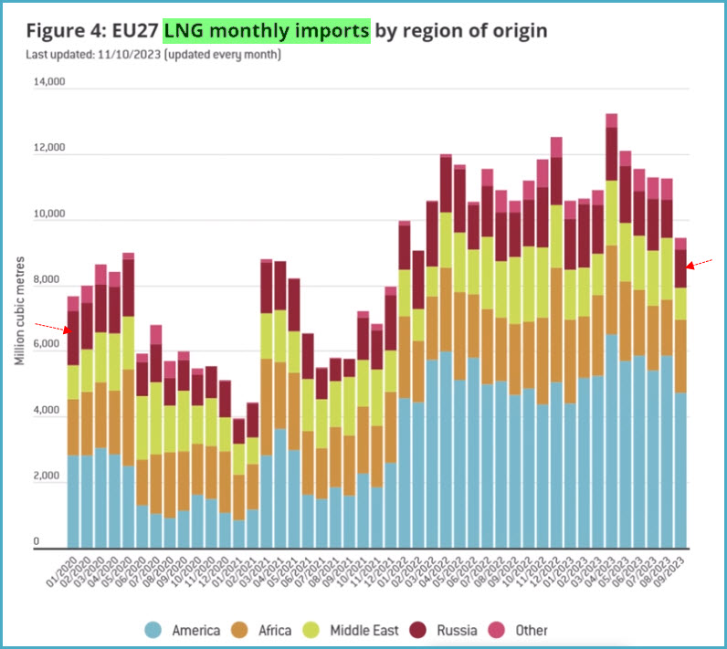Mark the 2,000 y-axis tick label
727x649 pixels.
(50, 477)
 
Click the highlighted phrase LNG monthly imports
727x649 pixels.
(267, 31)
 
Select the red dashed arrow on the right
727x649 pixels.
(701, 265)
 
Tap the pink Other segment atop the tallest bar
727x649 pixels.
(612, 120)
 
